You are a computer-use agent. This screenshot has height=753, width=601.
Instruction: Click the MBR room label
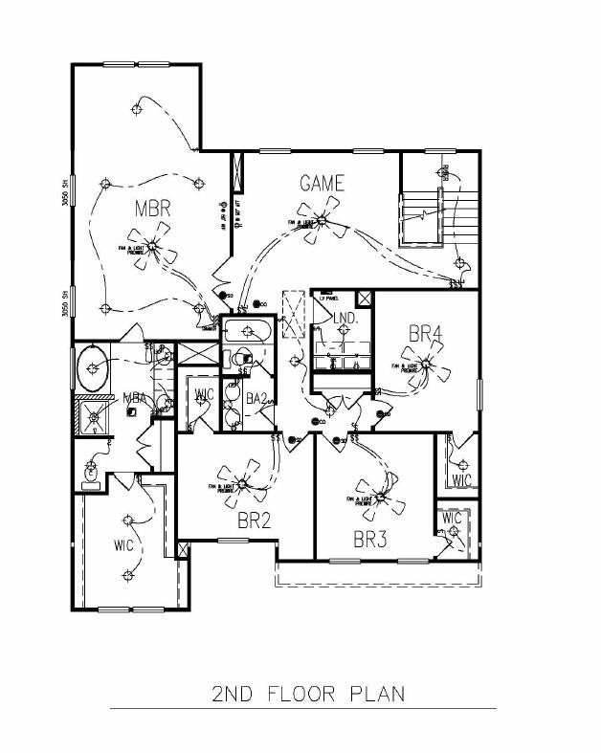click(152, 209)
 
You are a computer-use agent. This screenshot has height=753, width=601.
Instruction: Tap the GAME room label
click(322, 183)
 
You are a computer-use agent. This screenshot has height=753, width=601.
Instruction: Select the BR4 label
click(426, 334)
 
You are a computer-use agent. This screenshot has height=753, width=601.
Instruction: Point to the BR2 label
click(255, 520)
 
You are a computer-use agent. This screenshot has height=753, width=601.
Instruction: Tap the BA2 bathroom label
click(256, 397)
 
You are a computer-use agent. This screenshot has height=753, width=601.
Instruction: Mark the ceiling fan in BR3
click(375, 498)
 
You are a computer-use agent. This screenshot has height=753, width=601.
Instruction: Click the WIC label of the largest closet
click(122, 546)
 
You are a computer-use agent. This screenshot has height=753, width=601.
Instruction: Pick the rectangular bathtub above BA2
click(247, 333)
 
